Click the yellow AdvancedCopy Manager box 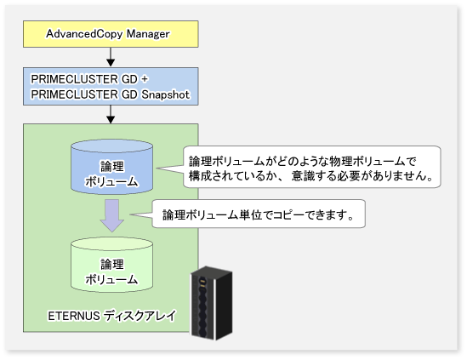[x=111, y=34]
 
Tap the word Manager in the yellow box [x=148, y=34]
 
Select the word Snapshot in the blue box [x=165, y=94]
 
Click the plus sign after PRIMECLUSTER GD [x=145, y=79]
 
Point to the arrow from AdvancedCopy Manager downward [x=111, y=57]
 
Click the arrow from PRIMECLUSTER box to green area [x=111, y=114]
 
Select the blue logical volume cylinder [x=112, y=167]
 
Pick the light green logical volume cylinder [x=112, y=265]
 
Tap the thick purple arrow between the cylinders [x=112, y=216]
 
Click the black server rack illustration [x=212, y=303]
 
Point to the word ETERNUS [x=74, y=316]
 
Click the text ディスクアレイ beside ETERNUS [x=140, y=316]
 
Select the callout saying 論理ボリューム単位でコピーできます [x=259, y=214]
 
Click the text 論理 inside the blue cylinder [x=112, y=166]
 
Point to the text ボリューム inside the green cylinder [x=111, y=279]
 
